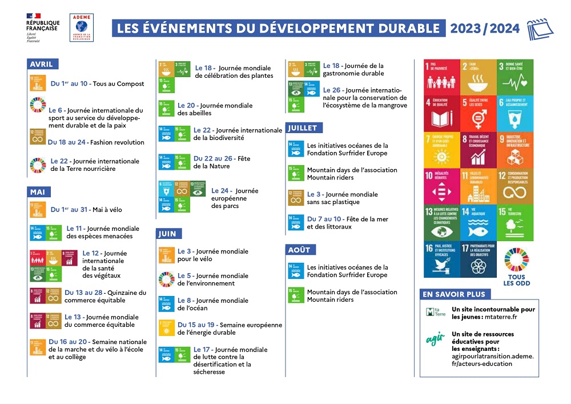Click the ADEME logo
click(82, 27)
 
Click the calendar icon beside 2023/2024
click(540, 29)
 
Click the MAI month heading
click(38, 192)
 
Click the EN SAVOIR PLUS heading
click(455, 294)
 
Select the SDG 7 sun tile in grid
click(441, 150)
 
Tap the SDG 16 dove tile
click(441, 259)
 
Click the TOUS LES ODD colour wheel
click(517, 259)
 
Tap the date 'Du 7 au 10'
click(325, 219)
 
